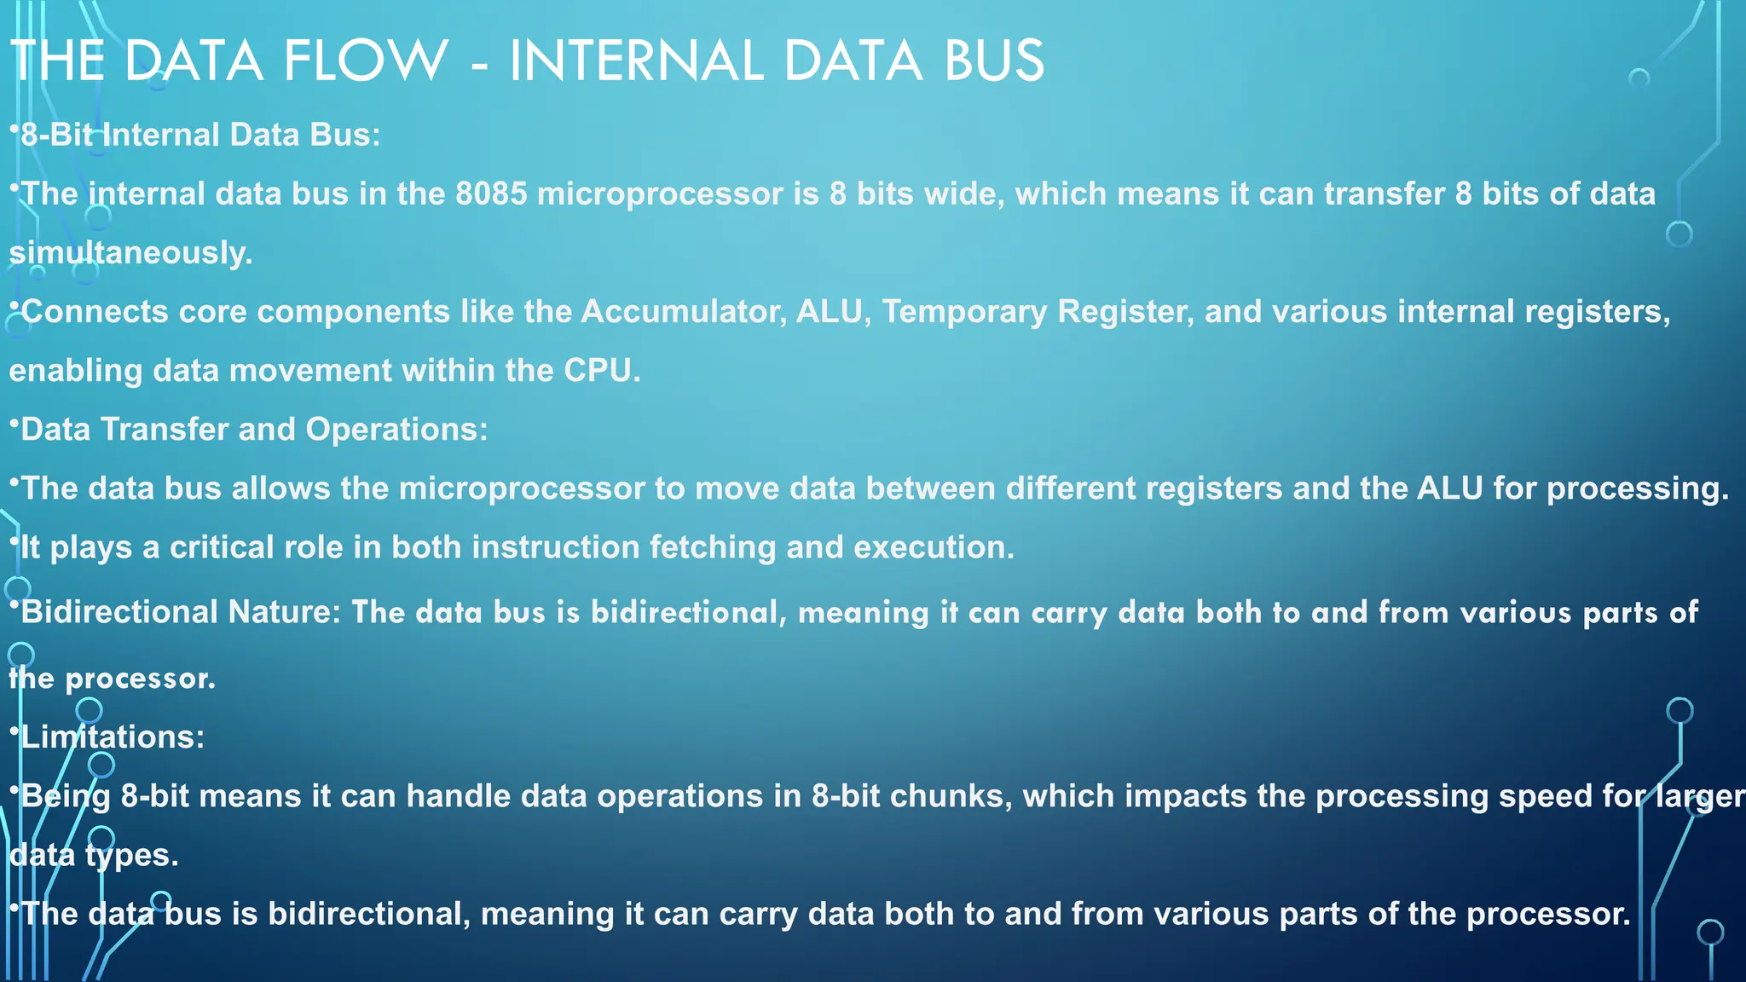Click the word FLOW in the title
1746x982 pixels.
(366, 61)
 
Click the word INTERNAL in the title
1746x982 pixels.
(636, 61)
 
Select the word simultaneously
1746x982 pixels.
(130, 253)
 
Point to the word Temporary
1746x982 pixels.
(964, 312)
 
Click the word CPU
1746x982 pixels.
(601, 371)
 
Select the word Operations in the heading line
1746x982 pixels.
(396, 430)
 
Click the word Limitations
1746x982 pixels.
(112, 737)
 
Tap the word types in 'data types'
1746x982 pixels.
(131, 855)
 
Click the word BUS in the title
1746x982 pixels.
(994, 61)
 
